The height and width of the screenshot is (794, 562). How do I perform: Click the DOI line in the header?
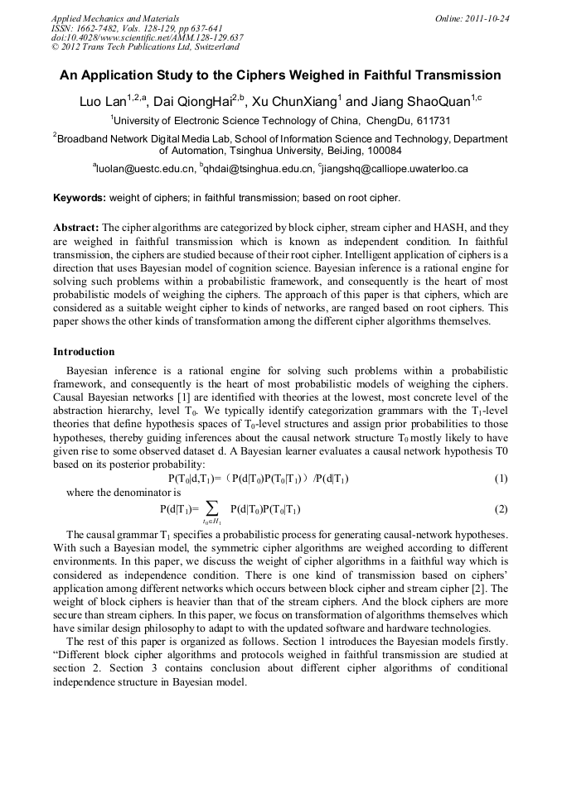pos(147,37)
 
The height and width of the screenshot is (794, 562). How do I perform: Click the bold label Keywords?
pos(80,199)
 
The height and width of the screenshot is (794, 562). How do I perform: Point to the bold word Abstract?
pos(76,227)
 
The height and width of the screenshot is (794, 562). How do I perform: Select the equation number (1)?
pos(501,479)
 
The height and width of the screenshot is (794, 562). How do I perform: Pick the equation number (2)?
pos(501,508)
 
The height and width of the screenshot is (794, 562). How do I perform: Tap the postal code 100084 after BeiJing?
pos(383,151)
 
